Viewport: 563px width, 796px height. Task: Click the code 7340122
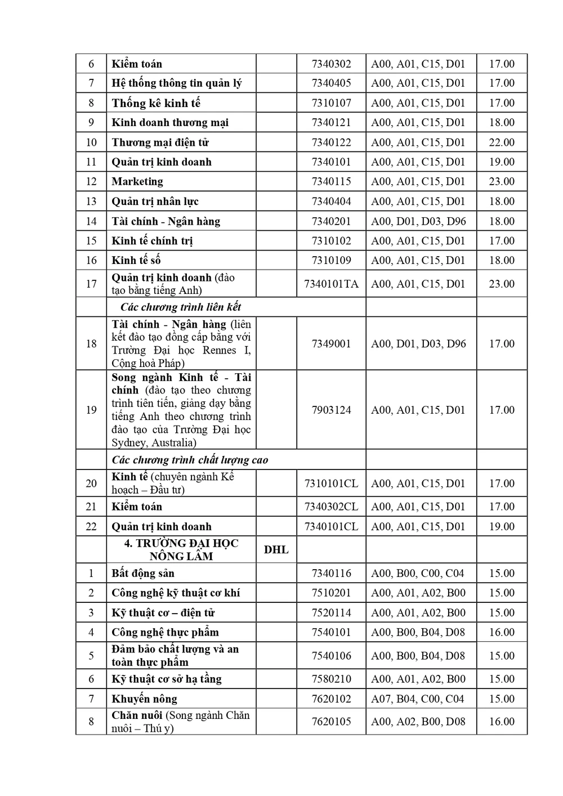(x=331, y=142)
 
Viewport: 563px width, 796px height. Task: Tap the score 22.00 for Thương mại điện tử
(x=502, y=142)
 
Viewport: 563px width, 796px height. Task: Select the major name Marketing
(x=137, y=181)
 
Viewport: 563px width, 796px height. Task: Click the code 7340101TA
(x=331, y=284)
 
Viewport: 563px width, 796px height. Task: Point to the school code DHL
(x=276, y=549)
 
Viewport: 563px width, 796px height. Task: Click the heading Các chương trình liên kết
(x=181, y=307)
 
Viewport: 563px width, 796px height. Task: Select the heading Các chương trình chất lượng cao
(x=190, y=460)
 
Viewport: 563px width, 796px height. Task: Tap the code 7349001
(x=331, y=343)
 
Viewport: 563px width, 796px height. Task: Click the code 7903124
(x=331, y=410)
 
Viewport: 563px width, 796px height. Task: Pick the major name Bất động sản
(x=143, y=573)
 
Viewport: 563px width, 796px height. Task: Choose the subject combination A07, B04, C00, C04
(x=417, y=699)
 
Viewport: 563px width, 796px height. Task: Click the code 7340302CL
(x=331, y=507)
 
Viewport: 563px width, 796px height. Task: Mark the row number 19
(x=91, y=410)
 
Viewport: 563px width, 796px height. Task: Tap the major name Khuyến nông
(x=144, y=699)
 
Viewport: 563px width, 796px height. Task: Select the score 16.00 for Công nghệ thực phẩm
(x=502, y=632)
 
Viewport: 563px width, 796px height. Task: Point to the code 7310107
(x=331, y=103)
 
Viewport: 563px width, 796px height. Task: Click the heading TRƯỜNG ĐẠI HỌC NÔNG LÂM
(x=181, y=549)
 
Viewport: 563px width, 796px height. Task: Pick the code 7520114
(x=331, y=612)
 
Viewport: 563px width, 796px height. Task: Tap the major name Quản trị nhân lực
(x=155, y=201)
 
